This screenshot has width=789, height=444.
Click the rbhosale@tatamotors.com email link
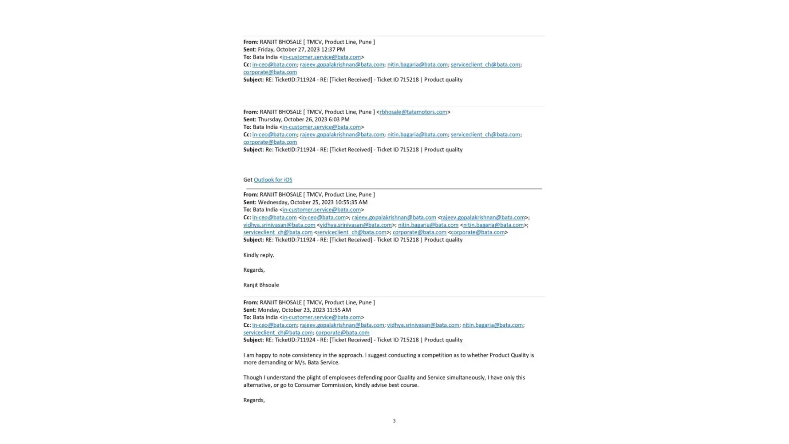pyautogui.click(x=413, y=112)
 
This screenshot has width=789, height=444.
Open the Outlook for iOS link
pyautogui.click(x=273, y=180)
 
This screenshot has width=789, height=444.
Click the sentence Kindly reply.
pyautogui.click(x=258, y=255)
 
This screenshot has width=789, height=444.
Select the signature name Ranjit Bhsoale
pyautogui.click(x=261, y=285)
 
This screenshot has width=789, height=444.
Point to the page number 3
pyautogui.click(x=394, y=421)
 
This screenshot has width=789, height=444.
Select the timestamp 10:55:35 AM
pyautogui.click(x=344, y=202)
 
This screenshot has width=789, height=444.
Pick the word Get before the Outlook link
pyautogui.click(x=248, y=180)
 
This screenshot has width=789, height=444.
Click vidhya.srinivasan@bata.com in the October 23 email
pyautogui.click(x=423, y=325)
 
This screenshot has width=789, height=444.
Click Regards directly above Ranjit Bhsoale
pyautogui.click(x=254, y=270)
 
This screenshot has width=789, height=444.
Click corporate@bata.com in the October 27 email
pyautogui.click(x=270, y=72)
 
